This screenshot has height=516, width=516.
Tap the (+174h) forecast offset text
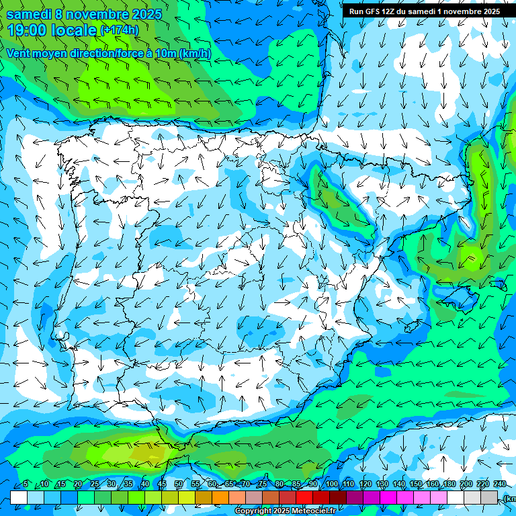coord(119,30)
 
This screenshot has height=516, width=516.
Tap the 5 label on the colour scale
coord(26,484)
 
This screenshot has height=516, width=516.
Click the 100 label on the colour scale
coord(331,484)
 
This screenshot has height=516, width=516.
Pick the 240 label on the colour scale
coord(500,484)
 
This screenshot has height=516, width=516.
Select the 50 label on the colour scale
coord(179,484)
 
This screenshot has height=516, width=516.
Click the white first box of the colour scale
coord(19,497)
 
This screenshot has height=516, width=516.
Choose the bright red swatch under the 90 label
coord(304,497)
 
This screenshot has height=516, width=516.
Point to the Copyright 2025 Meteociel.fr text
coord(285,511)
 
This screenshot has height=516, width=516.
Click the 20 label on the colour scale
coord(78,484)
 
